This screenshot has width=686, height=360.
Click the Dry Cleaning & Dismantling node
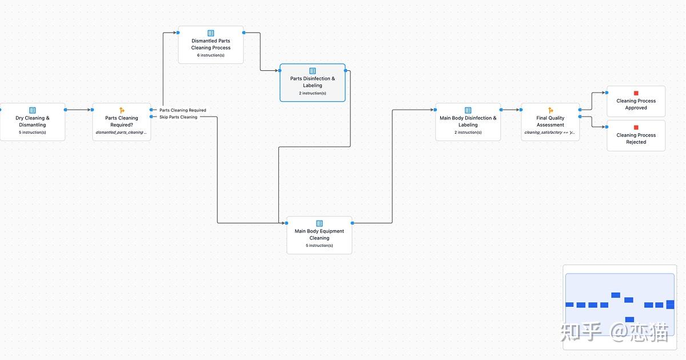33,122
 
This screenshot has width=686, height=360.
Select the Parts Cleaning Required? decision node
122,122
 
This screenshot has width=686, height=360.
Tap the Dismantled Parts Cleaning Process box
211,45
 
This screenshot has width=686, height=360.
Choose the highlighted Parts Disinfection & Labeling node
313,83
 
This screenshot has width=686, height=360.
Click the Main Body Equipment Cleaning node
319,235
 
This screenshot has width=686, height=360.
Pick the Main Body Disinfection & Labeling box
468,122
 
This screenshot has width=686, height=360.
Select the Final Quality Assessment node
551,122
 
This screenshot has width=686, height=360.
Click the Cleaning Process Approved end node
636,102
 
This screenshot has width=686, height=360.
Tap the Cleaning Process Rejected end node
636,136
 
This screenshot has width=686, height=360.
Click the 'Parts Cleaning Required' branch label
183,110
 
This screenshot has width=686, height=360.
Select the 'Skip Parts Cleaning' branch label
178,117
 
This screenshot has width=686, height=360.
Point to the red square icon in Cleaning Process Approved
636,93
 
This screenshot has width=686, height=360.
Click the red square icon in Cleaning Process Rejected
636,127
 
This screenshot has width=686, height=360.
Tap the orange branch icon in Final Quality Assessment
551,110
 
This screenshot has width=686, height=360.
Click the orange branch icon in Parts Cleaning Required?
122,110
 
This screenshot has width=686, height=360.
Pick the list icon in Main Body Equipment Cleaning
320,223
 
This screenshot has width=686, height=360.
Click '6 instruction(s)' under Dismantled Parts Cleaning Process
211,55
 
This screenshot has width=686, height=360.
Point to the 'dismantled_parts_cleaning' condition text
121,133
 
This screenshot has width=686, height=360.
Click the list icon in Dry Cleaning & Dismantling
33,110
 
